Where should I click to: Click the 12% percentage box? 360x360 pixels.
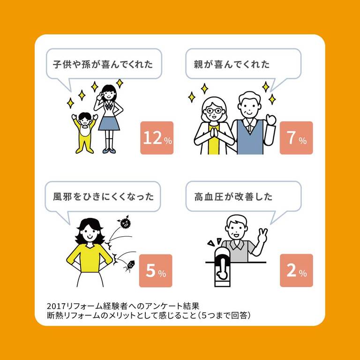tap(157, 138)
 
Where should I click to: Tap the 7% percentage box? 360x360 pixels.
tap(296, 138)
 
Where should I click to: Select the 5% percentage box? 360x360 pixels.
tap(156, 270)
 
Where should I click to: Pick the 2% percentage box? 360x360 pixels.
tap(296, 270)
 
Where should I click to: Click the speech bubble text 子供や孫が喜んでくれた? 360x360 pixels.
tap(103, 64)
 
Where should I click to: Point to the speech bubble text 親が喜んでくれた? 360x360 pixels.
tap(232, 64)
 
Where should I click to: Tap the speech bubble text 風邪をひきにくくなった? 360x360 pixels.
tap(103, 197)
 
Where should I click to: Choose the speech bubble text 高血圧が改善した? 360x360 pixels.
tap(233, 197)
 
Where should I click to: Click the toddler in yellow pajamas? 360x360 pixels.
tap(84, 133)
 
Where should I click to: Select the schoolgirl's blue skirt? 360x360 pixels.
tap(109, 124)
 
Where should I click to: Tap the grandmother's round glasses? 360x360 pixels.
tap(214, 111)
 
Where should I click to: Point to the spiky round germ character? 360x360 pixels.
tap(125, 221)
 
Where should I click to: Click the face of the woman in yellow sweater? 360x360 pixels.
tap(90, 232)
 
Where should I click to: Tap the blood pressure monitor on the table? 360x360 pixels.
tap(222, 268)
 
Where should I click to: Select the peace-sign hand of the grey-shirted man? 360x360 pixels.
tap(262, 235)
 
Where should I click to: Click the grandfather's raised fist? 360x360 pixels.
tap(271, 120)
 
